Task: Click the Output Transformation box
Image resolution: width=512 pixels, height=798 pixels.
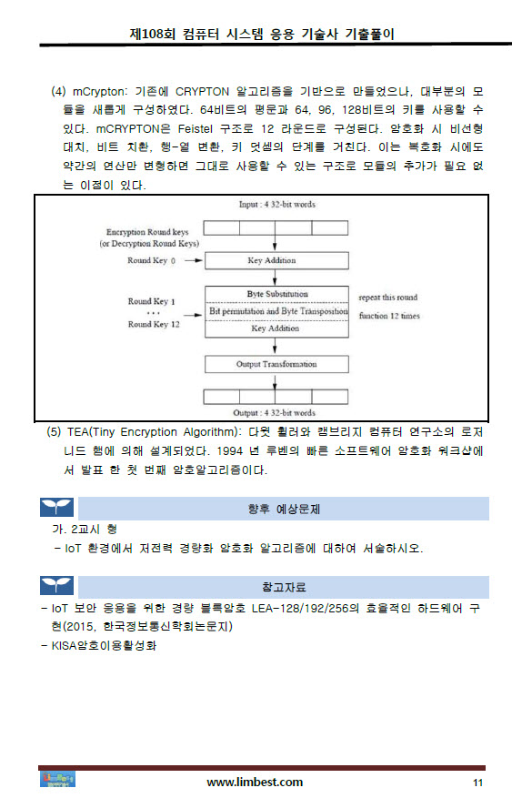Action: pos(276,364)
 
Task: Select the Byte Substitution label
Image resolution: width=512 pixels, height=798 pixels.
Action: pos(277,294)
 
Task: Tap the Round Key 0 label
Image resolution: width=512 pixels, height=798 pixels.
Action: pos(152,260)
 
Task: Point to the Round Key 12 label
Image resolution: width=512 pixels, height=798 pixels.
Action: pos(154,324)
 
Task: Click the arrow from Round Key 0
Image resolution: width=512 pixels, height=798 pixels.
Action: pos(193,260)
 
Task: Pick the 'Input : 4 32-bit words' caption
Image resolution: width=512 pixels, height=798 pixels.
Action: pos(277,204)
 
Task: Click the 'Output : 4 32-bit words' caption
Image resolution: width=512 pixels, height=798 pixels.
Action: pos(274,413)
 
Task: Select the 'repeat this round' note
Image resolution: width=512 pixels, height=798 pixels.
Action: pos(388,298)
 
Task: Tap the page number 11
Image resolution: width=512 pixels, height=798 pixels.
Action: pos(478,783)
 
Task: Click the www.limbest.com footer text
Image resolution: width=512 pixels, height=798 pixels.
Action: pos(255,783)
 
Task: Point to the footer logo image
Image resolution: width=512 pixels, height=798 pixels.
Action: pos(57,779)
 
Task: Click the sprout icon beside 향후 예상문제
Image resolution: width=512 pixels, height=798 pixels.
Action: pos(57,508)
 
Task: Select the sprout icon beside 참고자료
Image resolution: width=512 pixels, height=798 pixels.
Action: pos(57,586)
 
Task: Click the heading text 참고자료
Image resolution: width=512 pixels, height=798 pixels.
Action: pos(284,587)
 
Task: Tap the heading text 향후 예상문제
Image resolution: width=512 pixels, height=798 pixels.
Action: pos(284,509)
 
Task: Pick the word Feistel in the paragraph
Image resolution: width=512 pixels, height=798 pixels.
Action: pos(196,129)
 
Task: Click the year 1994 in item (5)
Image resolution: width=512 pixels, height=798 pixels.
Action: pos(229,451)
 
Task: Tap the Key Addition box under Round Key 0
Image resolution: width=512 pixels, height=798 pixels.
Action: pos(276,260)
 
